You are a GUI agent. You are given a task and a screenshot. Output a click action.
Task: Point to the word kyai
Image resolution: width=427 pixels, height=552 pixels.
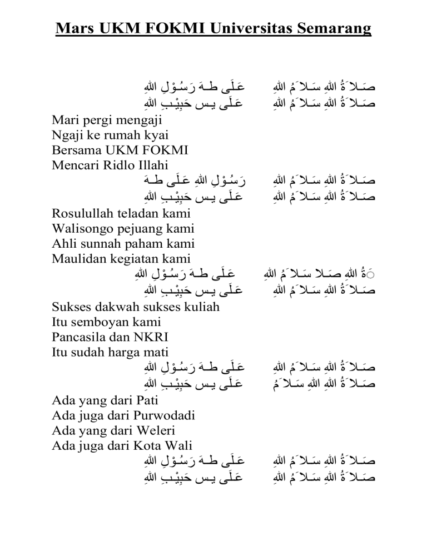point(155,136)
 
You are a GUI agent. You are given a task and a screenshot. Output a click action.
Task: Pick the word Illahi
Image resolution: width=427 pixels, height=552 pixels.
point(145,165)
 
